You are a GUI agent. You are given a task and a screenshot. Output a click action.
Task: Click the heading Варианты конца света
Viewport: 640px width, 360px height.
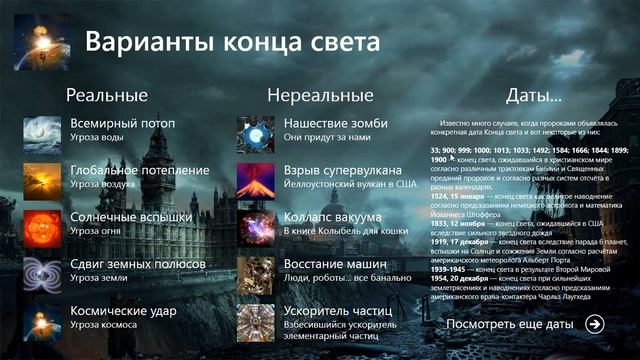(x=232, y=43)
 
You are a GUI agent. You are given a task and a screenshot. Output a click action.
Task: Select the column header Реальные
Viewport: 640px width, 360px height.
(x=106, y=96)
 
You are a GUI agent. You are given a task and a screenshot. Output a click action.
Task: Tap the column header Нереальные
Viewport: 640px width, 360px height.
(x=320, y=96)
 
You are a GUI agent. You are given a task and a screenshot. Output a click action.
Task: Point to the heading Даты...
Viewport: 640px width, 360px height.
(x=532, y=96)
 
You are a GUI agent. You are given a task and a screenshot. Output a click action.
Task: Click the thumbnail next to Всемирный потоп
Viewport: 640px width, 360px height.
(x=42, y=134)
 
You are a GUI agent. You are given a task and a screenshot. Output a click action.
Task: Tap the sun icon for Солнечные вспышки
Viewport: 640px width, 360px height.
(x=42, y=226)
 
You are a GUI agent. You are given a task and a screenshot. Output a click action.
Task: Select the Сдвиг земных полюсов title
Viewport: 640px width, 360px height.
(x=138, y=264)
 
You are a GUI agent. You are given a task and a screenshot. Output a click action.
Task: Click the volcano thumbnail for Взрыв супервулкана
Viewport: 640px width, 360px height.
(x=255, y=180)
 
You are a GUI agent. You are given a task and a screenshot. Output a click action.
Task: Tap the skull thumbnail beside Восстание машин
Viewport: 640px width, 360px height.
(x=255, y=275)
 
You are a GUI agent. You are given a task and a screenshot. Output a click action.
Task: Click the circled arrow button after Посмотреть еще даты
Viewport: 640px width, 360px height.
(x=595, y=323)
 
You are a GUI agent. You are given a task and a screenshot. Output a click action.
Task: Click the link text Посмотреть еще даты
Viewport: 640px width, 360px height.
(x=510, y=324)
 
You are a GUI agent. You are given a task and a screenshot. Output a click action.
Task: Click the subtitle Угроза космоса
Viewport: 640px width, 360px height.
(x=104, y=326)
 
